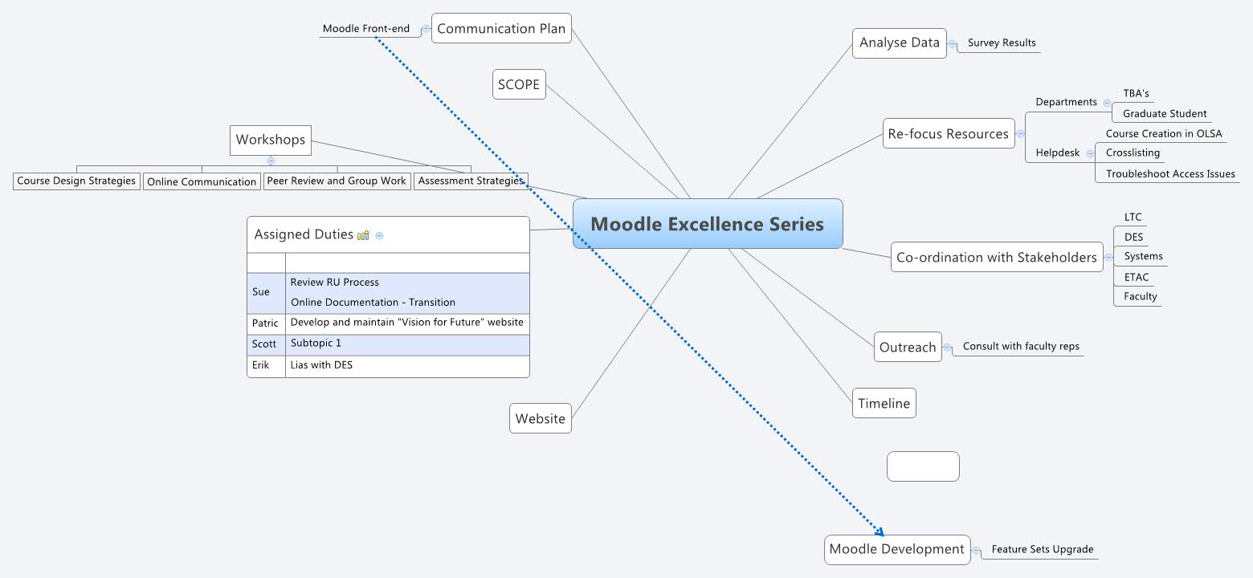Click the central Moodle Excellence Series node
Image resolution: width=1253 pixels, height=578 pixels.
click(707, 224)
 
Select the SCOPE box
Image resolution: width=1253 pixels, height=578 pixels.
click(519, 85)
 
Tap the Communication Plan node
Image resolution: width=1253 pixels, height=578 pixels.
click(501, 29)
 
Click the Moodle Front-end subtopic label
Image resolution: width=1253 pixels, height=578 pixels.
click(365, 29)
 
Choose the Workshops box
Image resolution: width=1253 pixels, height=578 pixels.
click(271, 140)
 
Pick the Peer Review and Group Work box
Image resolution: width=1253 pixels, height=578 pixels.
click(337, 181)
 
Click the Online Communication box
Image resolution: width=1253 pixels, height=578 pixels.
click(202, 182)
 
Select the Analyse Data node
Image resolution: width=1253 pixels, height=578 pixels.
click(899, 43)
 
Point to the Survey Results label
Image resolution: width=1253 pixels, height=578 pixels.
click(1002, 43)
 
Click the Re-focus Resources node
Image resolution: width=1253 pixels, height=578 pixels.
click(948, 134)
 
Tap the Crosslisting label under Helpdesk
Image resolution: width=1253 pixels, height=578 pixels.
click(1133, 153)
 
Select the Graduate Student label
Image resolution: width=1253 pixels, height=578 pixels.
click(1164, 114)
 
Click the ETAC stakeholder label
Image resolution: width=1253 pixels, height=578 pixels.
click(1137, 278)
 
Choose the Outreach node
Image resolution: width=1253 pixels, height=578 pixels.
click(908, 348)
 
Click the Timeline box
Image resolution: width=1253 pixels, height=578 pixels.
click(884, 404)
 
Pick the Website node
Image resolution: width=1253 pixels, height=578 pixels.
click(541, 419)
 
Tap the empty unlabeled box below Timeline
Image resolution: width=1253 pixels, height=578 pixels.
click(923, 466)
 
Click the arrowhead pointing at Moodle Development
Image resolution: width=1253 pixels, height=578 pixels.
click(880, 531)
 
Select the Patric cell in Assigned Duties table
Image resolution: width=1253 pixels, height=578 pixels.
click(265, 324)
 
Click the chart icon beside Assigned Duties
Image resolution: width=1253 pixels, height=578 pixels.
click(364, 235)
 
